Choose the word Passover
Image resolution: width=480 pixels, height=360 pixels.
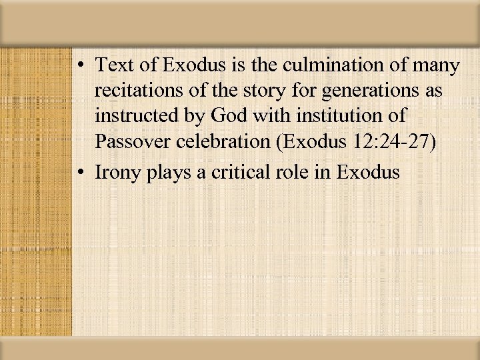134,141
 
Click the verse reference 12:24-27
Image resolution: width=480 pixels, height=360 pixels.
399,141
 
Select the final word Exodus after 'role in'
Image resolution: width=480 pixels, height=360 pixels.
369,173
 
